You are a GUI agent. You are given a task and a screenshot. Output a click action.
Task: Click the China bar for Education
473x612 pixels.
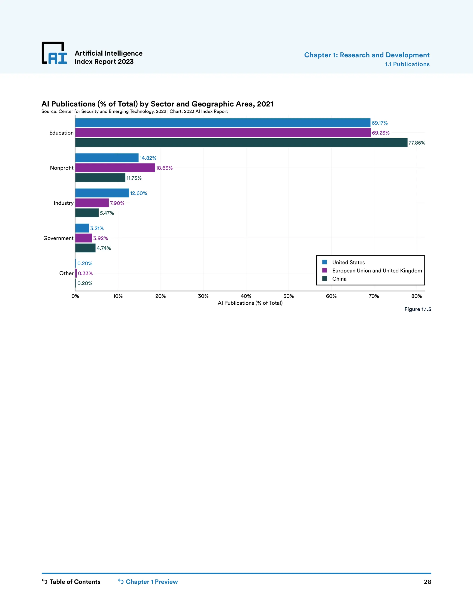pos(241,143)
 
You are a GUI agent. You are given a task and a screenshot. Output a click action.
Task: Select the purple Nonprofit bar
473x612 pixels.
pos(115,168)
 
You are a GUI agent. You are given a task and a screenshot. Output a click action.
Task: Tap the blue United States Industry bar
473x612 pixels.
pos(102,193)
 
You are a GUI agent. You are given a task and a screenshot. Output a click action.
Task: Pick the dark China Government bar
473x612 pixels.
pos(85,248)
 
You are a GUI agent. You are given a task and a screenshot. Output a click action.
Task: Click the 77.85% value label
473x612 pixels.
pos(417,143)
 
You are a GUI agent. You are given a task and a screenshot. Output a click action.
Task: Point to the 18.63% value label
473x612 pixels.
pos(164,168)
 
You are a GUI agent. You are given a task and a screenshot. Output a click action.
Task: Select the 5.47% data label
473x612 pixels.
pos(107,213)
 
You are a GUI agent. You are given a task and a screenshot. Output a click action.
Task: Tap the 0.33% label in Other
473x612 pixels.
pos(85,273)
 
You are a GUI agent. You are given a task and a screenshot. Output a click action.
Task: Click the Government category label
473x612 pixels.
pos(58,238)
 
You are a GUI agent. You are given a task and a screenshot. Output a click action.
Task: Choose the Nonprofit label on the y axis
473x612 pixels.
pos(62,168)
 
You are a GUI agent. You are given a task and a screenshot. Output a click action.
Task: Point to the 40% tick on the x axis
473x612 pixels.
pos(246,296)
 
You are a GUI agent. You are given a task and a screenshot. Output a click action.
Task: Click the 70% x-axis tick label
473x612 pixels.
pos(374,296)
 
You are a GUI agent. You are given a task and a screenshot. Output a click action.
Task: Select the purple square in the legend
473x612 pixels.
pos(325,270)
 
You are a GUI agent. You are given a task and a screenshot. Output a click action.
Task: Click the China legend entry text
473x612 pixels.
pos(339,279)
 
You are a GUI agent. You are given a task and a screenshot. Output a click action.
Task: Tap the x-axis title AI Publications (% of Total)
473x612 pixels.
pos(250,303)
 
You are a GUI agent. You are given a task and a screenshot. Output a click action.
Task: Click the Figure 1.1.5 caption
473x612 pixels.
pos(418,309)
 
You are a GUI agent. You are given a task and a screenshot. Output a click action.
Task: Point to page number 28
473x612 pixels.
pos(427,582)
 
